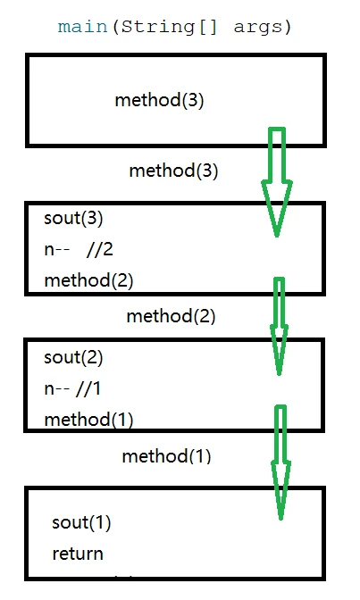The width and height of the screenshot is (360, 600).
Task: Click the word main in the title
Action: tap(82, 27)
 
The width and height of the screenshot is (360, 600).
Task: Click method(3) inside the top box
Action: tap(159, 100)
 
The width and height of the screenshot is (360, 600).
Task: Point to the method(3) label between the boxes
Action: tap(173, 171)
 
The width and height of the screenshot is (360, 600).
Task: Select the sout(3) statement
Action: tap(73, 219)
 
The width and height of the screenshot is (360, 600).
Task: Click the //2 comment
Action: tap(100, 249)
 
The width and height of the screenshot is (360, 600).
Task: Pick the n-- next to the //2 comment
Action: tap(56, 250)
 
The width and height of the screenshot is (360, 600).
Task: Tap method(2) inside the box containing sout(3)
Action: tap(88, 280)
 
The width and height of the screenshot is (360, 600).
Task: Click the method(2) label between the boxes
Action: tap(171, 316)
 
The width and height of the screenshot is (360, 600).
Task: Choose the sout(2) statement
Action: tap(73, 358)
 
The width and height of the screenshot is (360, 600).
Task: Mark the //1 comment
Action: tap(88, 388)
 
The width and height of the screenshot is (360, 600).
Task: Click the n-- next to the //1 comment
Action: tap(56, 389)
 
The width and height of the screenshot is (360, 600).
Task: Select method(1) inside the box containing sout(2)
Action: tap(88, 420)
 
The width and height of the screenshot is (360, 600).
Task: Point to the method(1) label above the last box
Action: tap(166, 456)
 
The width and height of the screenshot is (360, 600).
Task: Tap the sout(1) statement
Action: tap(81, 522)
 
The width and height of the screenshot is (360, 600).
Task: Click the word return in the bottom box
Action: tap(78, 554)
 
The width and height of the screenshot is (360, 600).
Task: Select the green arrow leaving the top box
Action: tap(277, 182)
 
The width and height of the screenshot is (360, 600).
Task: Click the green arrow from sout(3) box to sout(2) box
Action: tap(280, 327)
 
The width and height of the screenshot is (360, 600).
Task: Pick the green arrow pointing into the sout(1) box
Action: tap(280, 462)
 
